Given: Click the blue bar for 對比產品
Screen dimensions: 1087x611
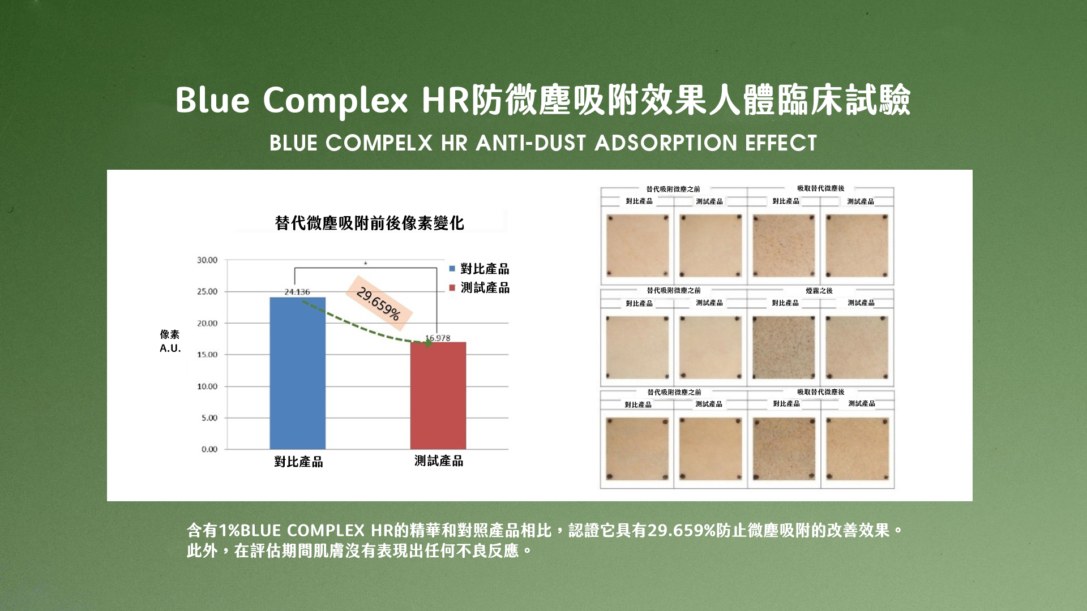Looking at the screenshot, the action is [298, 373].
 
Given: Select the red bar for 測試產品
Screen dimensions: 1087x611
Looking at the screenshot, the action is [438, 395].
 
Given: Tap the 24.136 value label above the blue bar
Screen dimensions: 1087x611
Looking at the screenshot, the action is [297, 292].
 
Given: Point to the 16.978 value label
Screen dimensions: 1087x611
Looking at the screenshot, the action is [438, 338].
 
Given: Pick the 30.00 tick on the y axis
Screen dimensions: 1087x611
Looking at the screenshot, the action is [207, 260].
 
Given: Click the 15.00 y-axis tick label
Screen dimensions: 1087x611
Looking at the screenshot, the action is [207, 355].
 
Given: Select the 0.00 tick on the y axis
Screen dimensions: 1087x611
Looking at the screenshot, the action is [209, 449].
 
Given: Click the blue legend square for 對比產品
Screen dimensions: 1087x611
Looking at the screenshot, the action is [452, 269].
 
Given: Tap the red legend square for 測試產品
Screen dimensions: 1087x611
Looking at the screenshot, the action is [452, 288].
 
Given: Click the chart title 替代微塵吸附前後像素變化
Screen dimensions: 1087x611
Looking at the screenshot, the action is [369, 223].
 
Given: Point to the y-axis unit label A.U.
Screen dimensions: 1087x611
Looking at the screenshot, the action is [170, 348].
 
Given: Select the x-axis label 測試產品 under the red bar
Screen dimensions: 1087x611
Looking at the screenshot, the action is [439, 461].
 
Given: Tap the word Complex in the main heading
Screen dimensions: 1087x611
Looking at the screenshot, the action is [336, 101].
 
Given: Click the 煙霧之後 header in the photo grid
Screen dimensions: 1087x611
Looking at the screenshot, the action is [819, 291].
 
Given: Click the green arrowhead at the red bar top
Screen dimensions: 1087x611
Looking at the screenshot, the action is [429, 343].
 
